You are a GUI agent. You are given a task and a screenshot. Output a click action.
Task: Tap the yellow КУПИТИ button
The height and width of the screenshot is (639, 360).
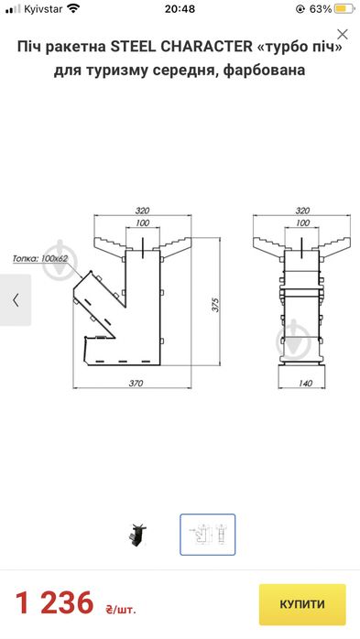[302, 604]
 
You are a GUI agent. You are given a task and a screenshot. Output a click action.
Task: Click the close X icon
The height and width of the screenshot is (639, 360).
[343, 35]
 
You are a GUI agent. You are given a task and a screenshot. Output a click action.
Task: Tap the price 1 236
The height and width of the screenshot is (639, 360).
[55, 603]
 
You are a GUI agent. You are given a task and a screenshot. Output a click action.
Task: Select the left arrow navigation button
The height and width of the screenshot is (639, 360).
[16, 300]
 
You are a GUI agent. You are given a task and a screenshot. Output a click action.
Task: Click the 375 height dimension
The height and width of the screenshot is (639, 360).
[215, 305]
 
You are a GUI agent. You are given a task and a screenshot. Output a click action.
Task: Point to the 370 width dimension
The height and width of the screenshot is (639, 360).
[136, 383]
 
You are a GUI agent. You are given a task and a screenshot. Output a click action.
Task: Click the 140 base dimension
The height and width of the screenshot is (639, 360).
[305, 383]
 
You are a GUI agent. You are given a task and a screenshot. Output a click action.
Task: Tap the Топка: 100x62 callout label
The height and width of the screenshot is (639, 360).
[39, 258]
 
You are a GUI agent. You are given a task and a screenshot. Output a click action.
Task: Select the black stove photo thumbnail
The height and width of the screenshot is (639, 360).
[137, 535]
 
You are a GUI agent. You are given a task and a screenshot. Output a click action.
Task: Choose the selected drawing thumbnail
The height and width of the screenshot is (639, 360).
[208, 535]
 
